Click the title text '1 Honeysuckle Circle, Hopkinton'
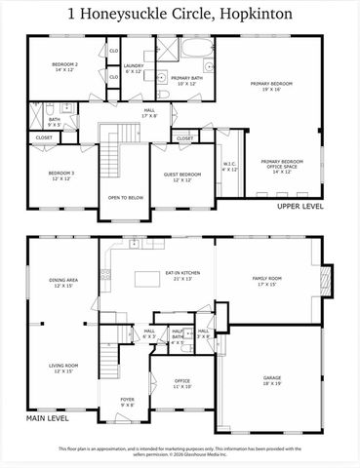click(x=180, y=14)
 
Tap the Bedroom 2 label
click(x=63, y=67)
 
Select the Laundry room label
click(x=134, y=69)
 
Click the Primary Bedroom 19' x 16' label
click(x=271, y=87)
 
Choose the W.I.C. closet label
click(x=229, y=166)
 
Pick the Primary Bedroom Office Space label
click(x=281, y=165)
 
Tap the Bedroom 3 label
click(x=61, y=176)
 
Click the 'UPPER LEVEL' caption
click(x=300, y=207)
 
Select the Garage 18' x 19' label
click(x=271, y=379)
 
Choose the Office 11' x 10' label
click(x=182, y=382)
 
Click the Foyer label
click(x=128, y=401)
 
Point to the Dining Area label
click(x=63, y=283)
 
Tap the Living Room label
click(x=63, y=368)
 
